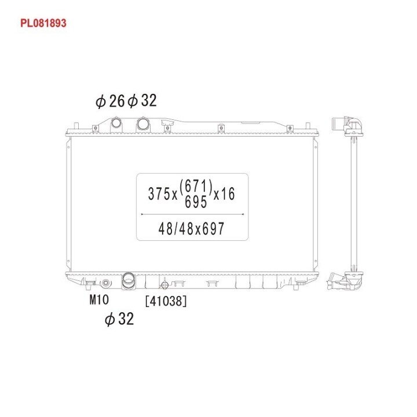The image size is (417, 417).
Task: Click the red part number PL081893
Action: [43, 23]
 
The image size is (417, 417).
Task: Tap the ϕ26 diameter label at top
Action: [110, 101]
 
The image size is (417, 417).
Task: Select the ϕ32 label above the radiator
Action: [142, 101]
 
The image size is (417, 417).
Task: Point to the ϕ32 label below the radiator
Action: [119, 319]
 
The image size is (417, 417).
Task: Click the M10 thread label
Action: [99, 300]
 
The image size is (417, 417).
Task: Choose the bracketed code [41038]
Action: [166, 301]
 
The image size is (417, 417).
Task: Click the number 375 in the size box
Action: [159, 193]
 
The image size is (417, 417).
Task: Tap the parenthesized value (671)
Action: [196, 186]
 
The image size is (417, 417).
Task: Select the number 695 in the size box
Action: [196, 202]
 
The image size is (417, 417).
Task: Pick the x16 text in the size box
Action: [225, 193]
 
